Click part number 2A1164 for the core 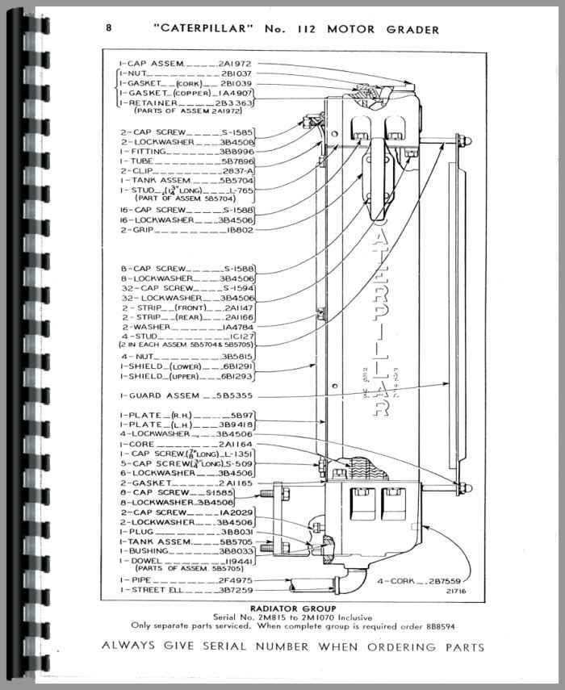(234, 444)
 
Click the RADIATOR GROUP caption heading (282, 608)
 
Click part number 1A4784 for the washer (229, 327)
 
